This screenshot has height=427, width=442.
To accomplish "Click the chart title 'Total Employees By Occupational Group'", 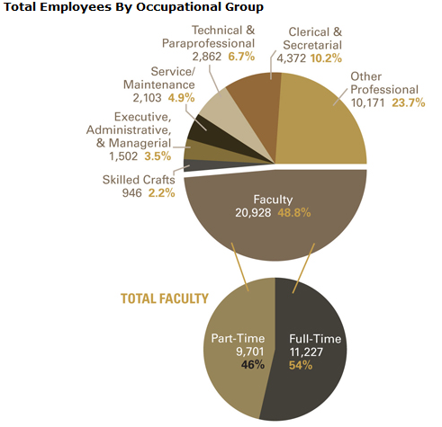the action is click(x=133, y=7).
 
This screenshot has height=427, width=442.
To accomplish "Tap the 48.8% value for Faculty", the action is click(x=294, y=213).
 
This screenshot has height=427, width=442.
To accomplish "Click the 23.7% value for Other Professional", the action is click(x=409, y=102).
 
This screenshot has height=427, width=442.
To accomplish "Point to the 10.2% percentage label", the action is click(x=326, y=58).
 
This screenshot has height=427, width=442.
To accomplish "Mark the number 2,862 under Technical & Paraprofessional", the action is click(x=207, y=57).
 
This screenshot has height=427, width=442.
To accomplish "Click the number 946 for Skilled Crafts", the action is click(x=131, y=193).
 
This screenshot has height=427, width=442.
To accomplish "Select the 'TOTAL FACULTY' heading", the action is click(x=165, y=298).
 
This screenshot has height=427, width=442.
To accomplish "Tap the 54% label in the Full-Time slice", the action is click(x=301, y=365).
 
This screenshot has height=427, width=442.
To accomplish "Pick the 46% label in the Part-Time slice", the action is click(x=253, y=365).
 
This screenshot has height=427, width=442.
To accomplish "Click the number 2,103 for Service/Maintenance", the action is click(x=147, y=98).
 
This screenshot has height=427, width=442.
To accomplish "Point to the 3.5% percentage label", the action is click(x=158, y=156).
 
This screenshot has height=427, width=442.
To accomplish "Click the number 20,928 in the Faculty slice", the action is click(x=253, y=213).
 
